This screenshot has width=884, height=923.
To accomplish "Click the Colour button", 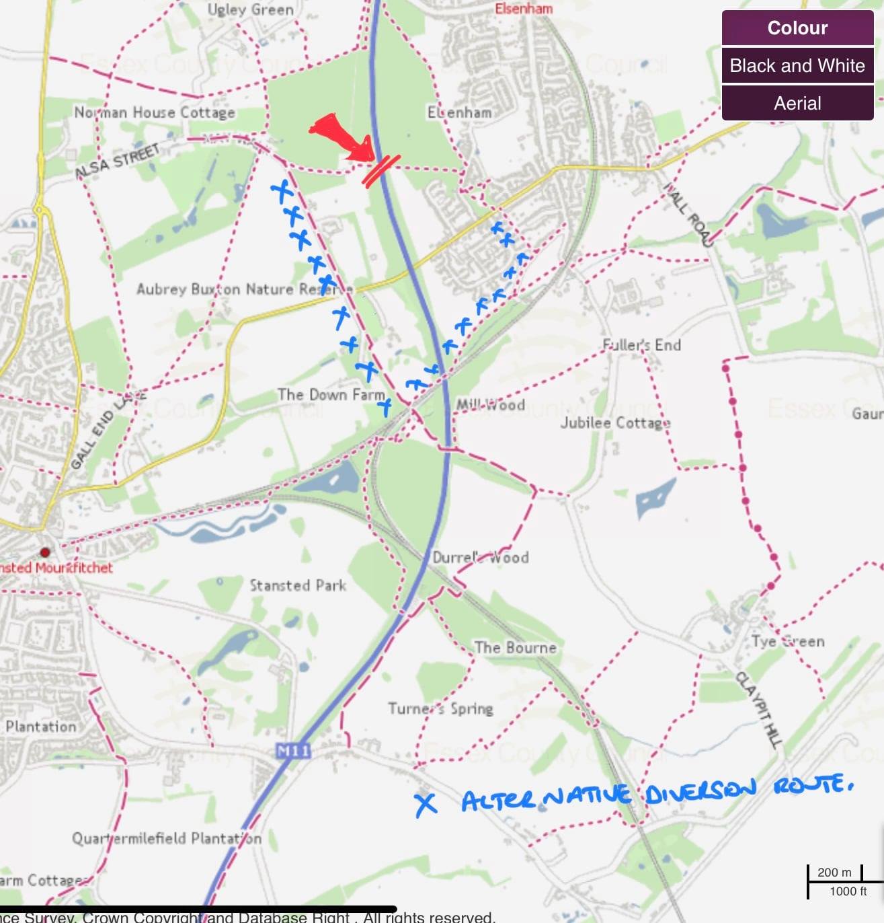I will coord(797,28).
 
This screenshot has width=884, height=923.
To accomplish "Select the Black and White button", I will coord(797,66).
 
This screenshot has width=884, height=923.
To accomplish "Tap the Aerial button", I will coord(797,104).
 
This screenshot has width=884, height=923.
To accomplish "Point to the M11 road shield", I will coord(293,750).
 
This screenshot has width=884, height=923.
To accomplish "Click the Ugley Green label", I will coord(250,9).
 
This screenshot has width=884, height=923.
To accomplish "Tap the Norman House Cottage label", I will coord(155,112).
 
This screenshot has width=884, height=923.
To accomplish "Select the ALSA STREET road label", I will coord(118,161).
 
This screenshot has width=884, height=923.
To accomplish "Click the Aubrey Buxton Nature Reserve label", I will coord(244,289).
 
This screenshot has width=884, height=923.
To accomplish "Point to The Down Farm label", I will coord(331,394).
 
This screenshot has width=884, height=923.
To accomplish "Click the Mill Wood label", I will coord(490,405).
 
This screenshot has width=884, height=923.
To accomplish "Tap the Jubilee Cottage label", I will coord(615,422).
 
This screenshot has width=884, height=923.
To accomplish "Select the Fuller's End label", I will coord(641,345).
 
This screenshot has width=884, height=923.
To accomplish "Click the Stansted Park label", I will coord(298,585).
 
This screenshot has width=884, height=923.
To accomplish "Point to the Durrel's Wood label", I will coord(480,557).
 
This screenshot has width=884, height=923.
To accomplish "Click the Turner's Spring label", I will coord(440,708).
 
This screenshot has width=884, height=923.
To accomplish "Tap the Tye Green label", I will coord(788,641).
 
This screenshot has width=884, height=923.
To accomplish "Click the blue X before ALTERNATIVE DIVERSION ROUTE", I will coord(425,803).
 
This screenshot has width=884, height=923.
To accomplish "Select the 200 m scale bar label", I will coord(834,873).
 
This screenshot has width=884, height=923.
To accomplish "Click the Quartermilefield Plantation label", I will coord(167,838).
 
